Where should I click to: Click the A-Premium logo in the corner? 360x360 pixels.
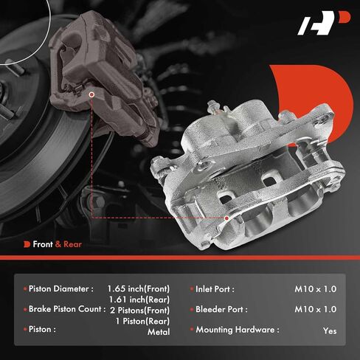click(x=324, y=23)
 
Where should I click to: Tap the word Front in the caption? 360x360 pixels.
click(x=43, y=244)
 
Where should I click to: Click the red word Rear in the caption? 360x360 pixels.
click(x=72, y=244)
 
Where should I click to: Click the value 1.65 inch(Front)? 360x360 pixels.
click(x=139, y=289)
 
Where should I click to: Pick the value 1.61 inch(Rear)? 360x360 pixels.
click(x=139, y=300)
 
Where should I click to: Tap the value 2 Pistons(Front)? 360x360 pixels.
click(x=140, y=311)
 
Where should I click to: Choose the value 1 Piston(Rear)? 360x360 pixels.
click(x=142, y=321)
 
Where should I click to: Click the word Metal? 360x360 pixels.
click(x=159, y=332)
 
